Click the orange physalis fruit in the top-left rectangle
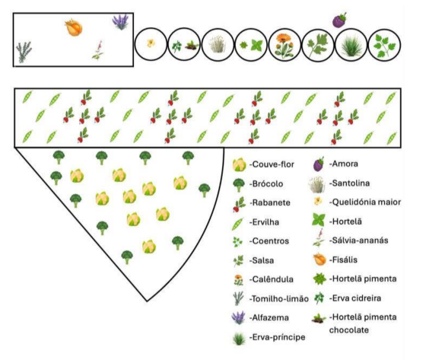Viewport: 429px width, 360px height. pos(74,27)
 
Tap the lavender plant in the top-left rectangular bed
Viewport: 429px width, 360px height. pos(120,22)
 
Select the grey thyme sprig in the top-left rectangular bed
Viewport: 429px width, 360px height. pos(24,52)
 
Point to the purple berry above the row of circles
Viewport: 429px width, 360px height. pos(339,20)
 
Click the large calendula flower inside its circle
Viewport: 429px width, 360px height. pos(284,44)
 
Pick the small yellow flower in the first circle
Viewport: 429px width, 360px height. pos(151,43)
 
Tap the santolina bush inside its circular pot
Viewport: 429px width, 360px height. pos(218,44)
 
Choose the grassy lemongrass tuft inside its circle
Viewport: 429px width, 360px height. pos(351,46)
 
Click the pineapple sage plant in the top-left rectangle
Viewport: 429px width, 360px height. pos(98,50)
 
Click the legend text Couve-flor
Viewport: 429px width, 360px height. pos(272,164)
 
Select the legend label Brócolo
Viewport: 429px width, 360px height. pos(266,183)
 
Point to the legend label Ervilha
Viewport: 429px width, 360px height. pos(264,221)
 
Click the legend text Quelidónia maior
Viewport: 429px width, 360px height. pos(365,202)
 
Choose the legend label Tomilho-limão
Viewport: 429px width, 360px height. pos(279,298)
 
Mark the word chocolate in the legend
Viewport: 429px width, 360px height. pos(349,330)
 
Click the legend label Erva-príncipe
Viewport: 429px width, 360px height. pos(277,337)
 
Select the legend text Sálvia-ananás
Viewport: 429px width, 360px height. pos(359,241)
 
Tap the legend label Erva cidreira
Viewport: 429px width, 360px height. pos(355,298)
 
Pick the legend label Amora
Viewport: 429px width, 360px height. pos(344,164)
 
